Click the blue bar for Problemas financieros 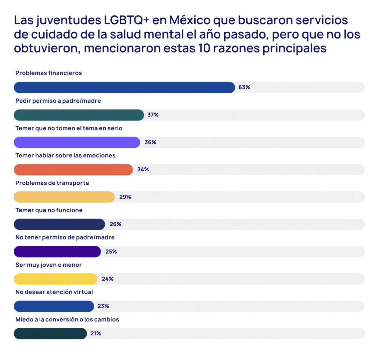tap(124, 88)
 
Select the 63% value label tap(244, 88)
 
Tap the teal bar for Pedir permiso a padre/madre tap(79, 115)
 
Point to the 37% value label tap(153, 115)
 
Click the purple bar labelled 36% tap(77, 142)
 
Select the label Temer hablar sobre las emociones tap(66, 155)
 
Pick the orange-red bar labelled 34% tap(73, 170)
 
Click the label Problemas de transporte tap(52, 183)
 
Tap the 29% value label tap(125, 197)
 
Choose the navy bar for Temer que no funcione tap(59, 224)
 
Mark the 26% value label tap(115, 224)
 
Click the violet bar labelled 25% tap(57, 252)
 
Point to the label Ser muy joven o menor tap(49, 265)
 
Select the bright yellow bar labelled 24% tap(56, 279)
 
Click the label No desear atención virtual tap(54, 292)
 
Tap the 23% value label tap(103, 306)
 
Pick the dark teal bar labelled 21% tap(50, 333)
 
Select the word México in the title tap(190, 21)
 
